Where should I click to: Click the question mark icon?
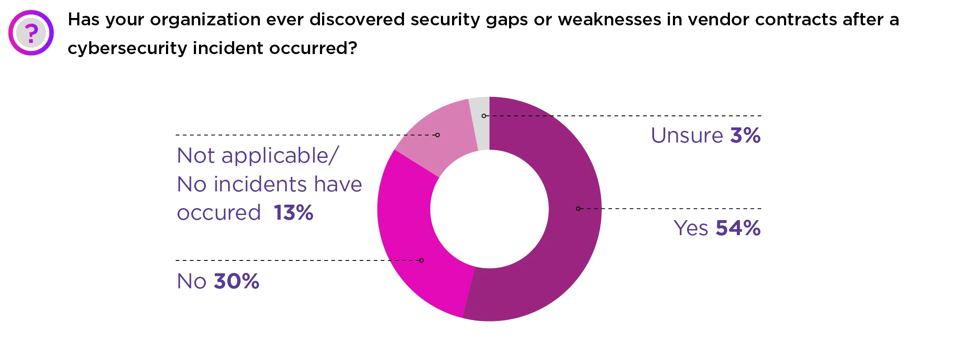coord(31,33)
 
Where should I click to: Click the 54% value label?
coord(738,228)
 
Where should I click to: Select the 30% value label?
coord(236,281)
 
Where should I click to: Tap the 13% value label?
coord(294,213)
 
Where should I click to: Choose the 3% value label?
coord(745,136)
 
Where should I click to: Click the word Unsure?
coord(687,136)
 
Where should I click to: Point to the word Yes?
coord(691,228)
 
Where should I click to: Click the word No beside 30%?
coord(191,281)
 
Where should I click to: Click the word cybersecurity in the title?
coord(127,48)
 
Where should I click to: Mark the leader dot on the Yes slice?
coord(578,209)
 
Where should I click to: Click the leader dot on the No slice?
coord(422,260)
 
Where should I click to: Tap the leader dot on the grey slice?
coord(484,116)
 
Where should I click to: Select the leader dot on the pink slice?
coord(437,135)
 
